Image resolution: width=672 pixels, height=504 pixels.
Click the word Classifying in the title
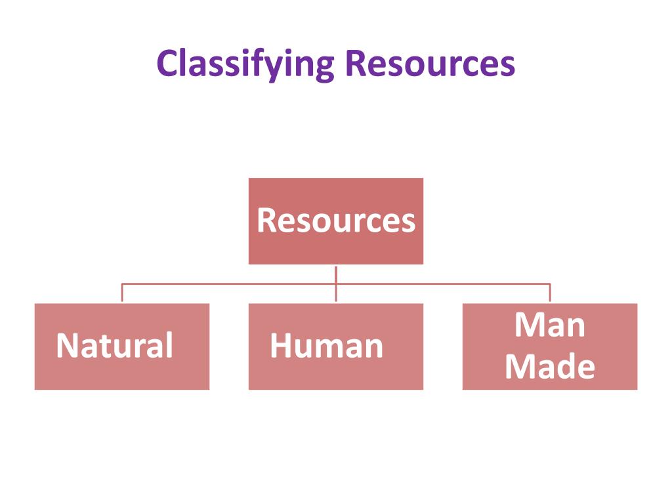point(245,64)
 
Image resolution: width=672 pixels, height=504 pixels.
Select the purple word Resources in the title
point(430,64)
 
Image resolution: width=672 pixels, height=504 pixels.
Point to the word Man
point(550,325)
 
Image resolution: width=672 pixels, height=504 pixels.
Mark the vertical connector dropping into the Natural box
point(122,293)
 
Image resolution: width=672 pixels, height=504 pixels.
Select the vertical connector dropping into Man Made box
point(550,293)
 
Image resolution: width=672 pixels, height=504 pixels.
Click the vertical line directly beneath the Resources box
point(336,274)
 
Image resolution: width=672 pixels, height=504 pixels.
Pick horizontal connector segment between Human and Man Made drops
point(443,284)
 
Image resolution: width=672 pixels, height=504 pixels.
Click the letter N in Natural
point(65,346)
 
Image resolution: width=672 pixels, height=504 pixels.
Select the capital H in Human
point(279,346)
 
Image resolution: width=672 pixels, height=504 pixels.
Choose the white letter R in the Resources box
point(265,221)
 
